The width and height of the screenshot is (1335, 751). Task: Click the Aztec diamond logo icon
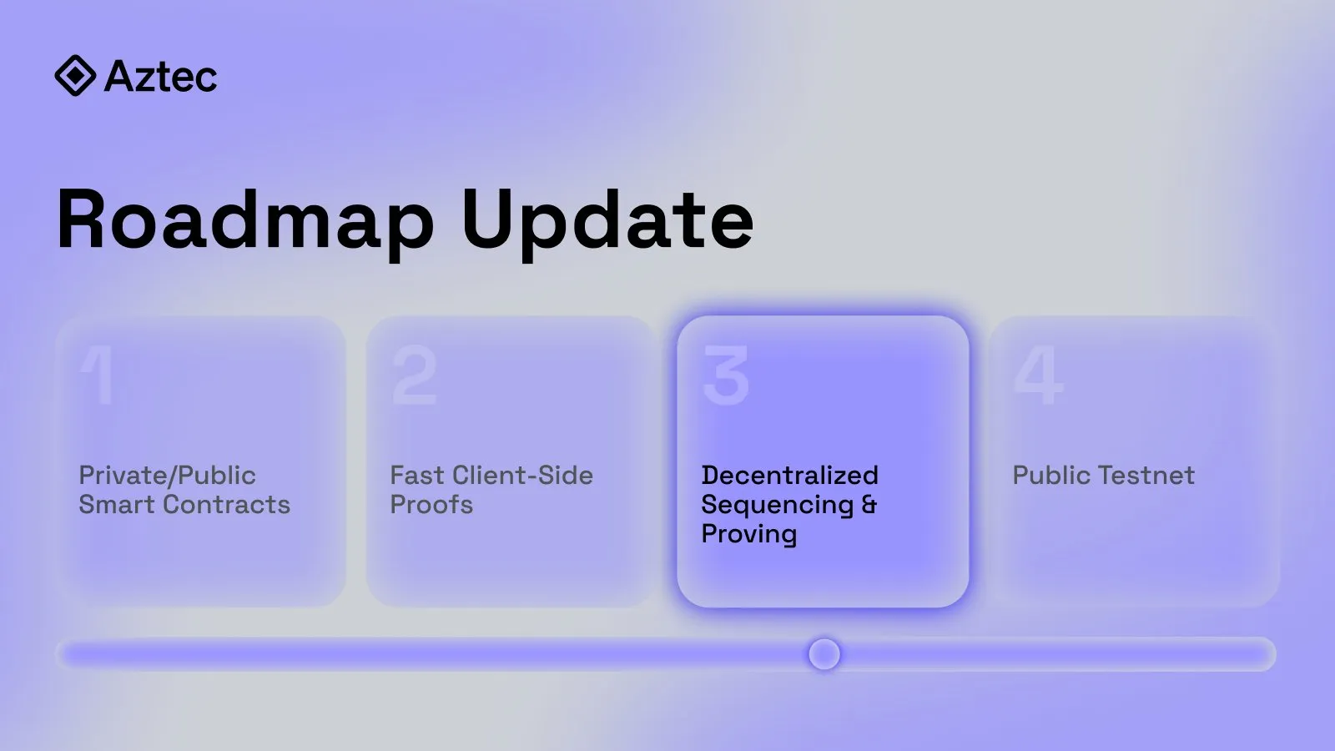click(x=75, y=76)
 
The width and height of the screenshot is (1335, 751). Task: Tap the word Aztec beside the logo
click(x=161, y=76)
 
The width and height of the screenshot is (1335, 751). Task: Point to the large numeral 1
click(x=97, y=375)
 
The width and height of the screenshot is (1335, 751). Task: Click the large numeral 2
click(x=415, y=375)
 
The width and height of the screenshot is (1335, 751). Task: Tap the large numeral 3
click(x=726, y=375)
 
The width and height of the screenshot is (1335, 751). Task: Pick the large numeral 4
click(x=1038, y=375)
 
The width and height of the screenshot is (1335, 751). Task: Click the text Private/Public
click(x=168, y=476)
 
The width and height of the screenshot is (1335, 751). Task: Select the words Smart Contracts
click(x=184, y=504)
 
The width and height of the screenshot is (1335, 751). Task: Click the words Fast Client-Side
click(x=491, y=476)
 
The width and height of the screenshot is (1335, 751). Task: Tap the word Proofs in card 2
click(x=431, y=505)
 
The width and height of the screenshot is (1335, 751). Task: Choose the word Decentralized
click(x=789, y=475)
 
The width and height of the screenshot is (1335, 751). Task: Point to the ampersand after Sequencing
click(x=869, y=505)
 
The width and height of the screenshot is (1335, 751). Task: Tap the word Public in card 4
click(x=1052, y=476)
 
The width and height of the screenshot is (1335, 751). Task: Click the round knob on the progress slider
click(x=824, y=654)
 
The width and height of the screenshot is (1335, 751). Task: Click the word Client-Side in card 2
click(x=522, y=476)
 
